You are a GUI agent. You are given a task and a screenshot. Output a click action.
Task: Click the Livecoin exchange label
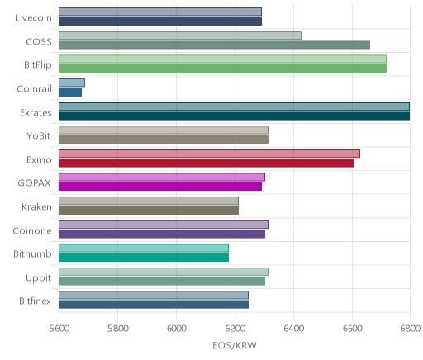tap(33, 18)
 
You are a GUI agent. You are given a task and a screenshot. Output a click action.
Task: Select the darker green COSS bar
tap(214, 45)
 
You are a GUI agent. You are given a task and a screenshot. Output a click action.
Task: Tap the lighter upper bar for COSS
tap(180, 36)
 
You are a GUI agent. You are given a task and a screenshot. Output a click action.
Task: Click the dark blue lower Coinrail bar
tap(70, 92)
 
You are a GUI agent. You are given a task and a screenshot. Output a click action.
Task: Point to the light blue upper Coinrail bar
tap(72, 83)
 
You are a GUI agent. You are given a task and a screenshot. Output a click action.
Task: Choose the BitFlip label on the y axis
tap(38, 65)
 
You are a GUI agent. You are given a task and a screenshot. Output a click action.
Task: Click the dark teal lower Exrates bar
tap(234, 116)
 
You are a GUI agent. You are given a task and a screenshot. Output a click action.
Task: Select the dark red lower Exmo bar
tap(206, 163)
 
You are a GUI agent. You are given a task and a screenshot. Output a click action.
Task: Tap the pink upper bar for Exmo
tap(209, 154)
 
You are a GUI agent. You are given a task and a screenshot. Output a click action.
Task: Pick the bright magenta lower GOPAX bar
tap(160, 187)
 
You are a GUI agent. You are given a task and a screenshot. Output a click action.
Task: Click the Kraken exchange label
tap(36, 207)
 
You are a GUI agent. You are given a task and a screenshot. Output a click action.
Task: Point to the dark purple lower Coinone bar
tap(162, 234)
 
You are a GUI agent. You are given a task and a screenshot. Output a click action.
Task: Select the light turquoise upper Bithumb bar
tap(144, 249)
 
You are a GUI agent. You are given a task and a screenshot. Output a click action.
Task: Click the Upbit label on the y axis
tap(38, 278)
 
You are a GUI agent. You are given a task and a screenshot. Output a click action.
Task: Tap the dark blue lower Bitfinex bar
tap(154, 305)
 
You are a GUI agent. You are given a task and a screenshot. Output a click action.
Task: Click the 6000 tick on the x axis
tap(176, 329)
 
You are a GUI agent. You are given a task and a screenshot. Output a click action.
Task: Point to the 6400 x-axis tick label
tap(293, 329)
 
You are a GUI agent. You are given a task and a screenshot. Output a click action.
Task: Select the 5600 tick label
tap(59, 329)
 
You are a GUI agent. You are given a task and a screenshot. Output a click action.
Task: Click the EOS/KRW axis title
tap(235, 346)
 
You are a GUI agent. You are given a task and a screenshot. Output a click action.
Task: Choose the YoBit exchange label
tap(39, 136)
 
